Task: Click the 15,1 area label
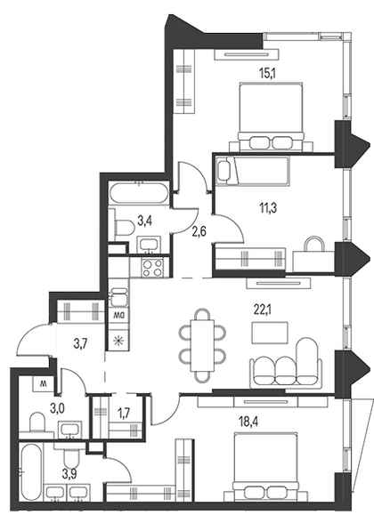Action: (x=269, y=72)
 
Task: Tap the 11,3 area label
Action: (x=269, y=208)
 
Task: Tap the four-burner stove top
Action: (x=152, y=268)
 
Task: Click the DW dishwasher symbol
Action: (x=118, y=315)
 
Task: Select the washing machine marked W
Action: (x=44, y=383)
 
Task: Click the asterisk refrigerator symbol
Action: (x=118, y=341)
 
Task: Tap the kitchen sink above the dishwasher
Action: (x=118, y=297)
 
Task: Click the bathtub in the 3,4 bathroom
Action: (x=139, y=193)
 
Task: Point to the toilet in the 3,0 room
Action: (x=37, y=423)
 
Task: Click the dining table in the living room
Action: (x=203, y=345)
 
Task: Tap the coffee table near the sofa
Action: (x=270, y=333)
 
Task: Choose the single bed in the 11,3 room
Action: (x=253, y=170)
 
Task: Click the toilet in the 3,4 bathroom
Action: (x=125, y=228)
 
